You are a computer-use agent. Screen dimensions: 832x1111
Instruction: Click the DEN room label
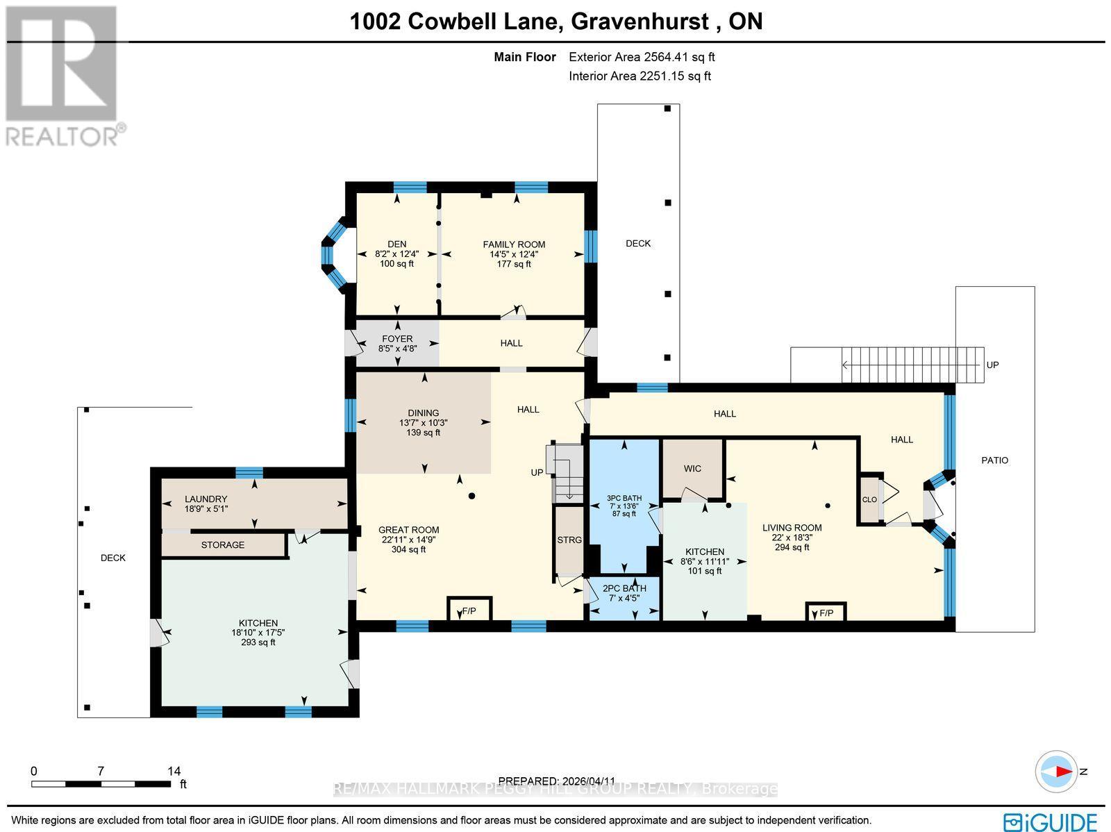[x=396, y=244]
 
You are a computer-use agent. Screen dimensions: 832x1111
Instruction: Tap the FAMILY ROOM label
[x=514, y=244]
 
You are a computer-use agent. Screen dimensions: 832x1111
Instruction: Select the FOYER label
[x=397, y=339]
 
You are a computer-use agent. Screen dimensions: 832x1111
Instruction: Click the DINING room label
[x=424, y=413]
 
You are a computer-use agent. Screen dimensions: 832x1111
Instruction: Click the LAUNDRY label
[x=206, y=499]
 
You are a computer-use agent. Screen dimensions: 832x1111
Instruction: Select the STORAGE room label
[x=223, y=544]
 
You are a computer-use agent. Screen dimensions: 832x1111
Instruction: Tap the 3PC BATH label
[x=624, y=498]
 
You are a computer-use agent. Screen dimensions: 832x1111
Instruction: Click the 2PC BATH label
[x=624, y=588]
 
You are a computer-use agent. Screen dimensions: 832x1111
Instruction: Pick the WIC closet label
[x=692, y=469]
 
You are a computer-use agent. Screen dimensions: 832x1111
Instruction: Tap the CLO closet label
[x=869, y=500]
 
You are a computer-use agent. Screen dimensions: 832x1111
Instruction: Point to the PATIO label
[x=994, y=460]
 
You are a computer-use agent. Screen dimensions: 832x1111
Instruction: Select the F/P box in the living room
[x=826, y=613]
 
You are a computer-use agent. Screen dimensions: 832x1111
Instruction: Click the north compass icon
[x=1058, y=772]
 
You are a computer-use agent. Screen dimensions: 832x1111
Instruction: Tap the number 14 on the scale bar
[x=174, y=771]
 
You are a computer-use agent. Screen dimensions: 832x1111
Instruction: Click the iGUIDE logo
[x=1051, y=822]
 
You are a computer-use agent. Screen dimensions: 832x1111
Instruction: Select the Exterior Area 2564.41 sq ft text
[x=642, y=58]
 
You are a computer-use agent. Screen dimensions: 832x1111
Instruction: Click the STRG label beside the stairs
[x=569, y=540]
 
